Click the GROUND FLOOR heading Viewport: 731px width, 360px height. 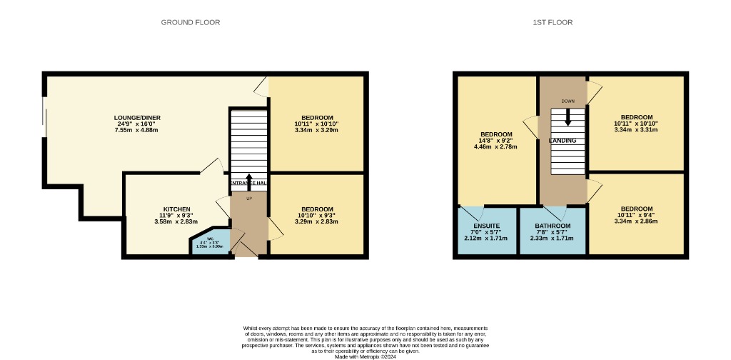pyautogui.click(x=190, y=22)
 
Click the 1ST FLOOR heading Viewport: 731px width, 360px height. pyautogui.click(x=553, y=22)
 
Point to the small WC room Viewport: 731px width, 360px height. pyautogui.click(x=211, y=243)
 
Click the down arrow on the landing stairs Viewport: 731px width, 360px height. pyautogui.click(x=568, y=118)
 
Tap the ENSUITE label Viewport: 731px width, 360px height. pyautogui.click(x=486, y=226)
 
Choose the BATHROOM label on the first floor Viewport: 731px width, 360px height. pyautogui.click(x=553, y=226)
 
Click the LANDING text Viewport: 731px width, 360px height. pyautogui.click(x=562, y=141)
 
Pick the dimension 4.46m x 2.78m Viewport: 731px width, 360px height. pyautogui.click(x=495, y=147)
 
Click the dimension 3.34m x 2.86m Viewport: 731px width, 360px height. pyautogui.click(x=636, y=222)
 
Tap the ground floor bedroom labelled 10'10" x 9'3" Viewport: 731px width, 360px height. pyautogui.click(x=317, y=215)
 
